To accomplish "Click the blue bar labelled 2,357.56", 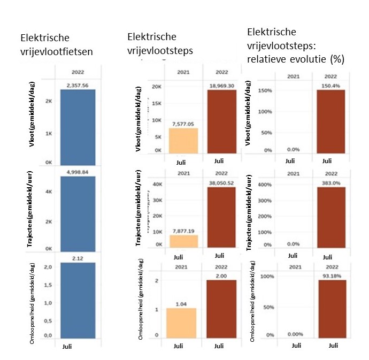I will pyautogui.click(x=78, y=127).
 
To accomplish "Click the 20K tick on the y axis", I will pyautogui.click(x=156, y=87).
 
